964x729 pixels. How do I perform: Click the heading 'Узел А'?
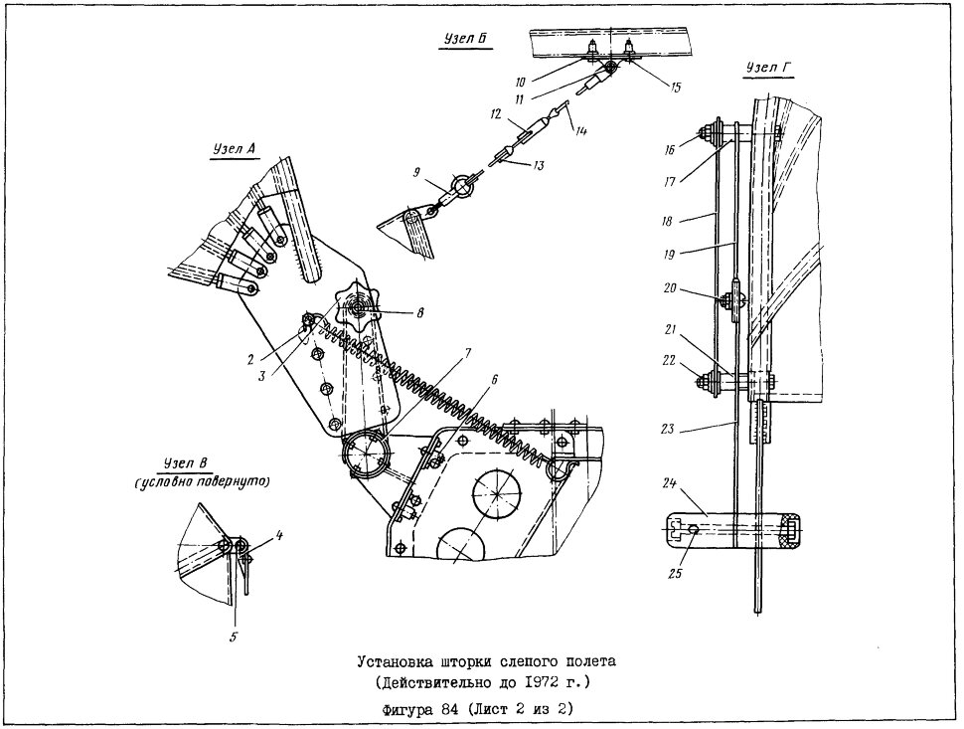point(234,149)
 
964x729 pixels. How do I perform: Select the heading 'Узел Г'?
point(768,68)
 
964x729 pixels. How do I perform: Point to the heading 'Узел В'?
point(185,463)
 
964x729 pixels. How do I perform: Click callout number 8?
point(420,313)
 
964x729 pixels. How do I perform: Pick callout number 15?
point(675,88)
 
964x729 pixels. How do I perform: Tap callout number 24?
point(670,483)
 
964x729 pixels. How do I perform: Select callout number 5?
point(233,637)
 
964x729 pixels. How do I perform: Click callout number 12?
point(496,114)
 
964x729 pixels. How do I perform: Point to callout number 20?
point(670,287)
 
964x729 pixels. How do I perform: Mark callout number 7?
point(468,353)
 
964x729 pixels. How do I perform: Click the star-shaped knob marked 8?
point(357,305)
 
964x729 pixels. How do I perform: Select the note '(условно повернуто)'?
point(203,481)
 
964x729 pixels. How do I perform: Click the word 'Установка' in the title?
point(396,662)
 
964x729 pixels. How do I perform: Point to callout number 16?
point(670,149)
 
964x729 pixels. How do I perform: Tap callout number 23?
point(668,430)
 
